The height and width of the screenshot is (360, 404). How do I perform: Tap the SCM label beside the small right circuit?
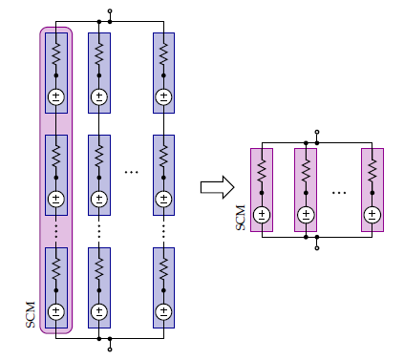coord(241,218)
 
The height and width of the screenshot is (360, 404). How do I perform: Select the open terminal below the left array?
coord(111,349)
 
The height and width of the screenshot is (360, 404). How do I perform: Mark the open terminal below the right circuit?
coord(317,246)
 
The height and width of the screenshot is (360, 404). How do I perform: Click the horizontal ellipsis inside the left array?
coord(132,172)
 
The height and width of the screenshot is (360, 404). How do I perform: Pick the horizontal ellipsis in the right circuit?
coord(339,191)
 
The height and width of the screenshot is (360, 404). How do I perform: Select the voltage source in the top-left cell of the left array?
coord(55,95)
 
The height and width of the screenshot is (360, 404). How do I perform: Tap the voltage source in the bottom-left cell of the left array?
coord(55,310)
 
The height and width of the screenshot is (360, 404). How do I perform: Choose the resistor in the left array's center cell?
coord(99,155)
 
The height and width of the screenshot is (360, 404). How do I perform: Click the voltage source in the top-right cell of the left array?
coord(163,95)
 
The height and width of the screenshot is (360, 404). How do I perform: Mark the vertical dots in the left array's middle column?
coord(99,229)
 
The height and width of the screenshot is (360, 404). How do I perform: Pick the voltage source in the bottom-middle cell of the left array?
coord(99,310)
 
